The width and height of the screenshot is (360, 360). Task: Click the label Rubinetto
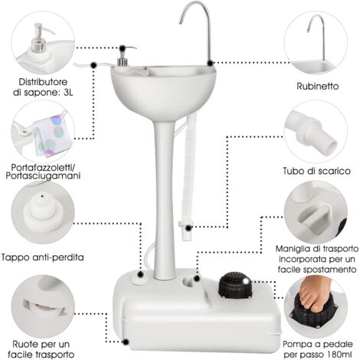(x=319, y=86)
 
